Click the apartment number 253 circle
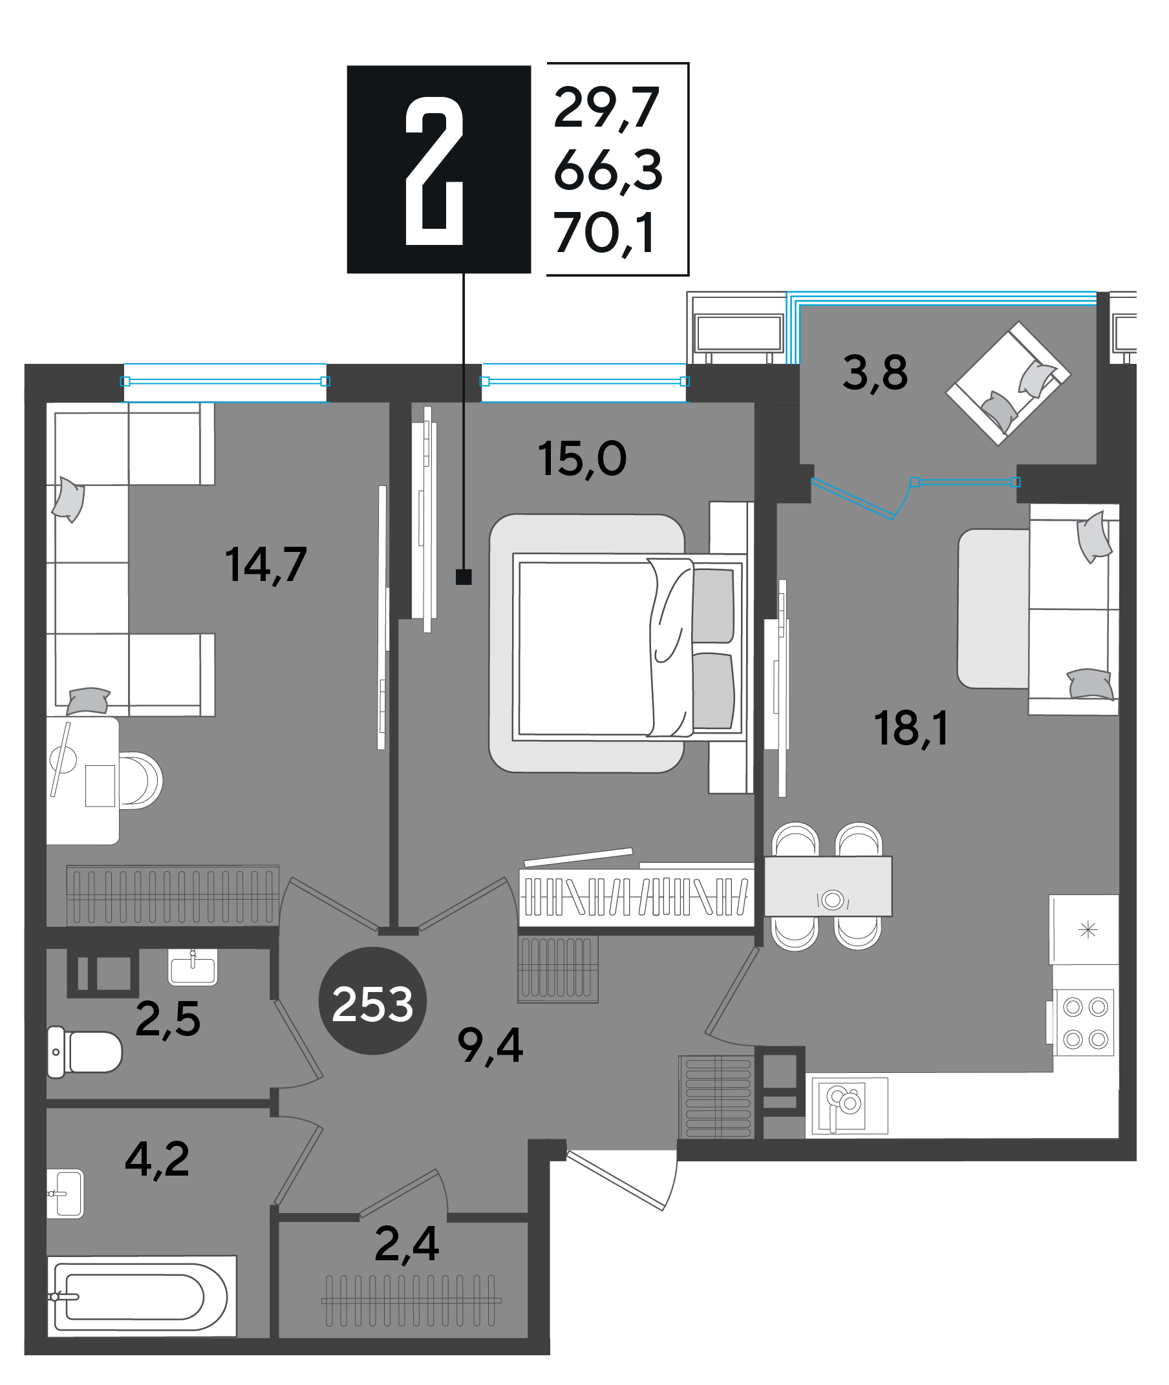click(372, 1001)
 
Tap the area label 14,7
click(266, 565)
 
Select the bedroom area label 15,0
click(582, 459)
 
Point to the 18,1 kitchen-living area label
click(911, 728)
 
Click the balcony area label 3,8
click(875, 374)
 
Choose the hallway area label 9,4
click(490, 1046)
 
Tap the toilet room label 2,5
click(167, 1019)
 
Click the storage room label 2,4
click(407, 1244)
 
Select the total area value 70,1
click(605, 233)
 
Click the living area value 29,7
click(606, 109)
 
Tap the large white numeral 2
click(434, 171)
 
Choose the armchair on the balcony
click(1008, 384)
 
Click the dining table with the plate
click(828, 886)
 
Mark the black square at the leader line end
click(464, 577)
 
